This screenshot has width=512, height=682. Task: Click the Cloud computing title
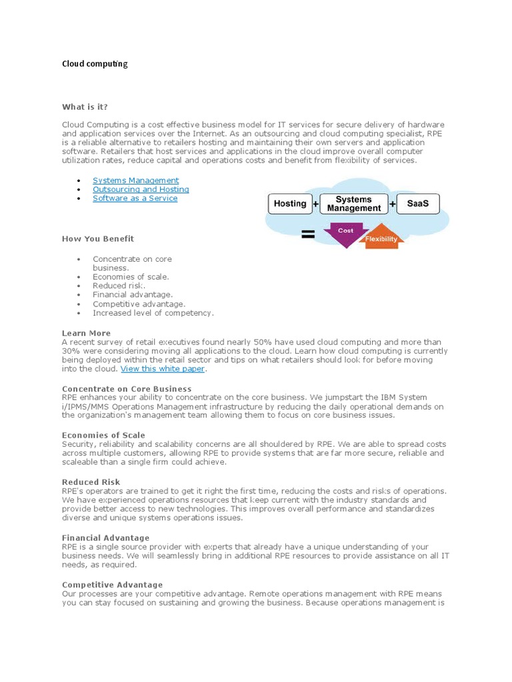tap(95, 64)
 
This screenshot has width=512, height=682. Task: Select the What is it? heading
tap(85, 107)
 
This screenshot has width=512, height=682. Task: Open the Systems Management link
tap(135, 180)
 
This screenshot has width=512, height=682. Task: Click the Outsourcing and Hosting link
tap(141, 189)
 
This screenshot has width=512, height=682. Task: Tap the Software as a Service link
tap(135, 198)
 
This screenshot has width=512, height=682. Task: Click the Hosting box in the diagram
tap(290, 204)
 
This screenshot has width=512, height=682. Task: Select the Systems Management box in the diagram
tap(354, 204)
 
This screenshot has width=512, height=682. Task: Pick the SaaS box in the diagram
tap(419, 204)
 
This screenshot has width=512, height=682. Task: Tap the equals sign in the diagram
tap(308, 234)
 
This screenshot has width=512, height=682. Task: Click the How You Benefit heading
tap(98, 238)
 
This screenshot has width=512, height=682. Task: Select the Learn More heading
tap(87, 333)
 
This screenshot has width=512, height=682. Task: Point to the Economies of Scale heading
tap(103, 436)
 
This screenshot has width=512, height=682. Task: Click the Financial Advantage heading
tap(105, 537)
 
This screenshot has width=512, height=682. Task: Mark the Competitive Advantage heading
tap(112, 585)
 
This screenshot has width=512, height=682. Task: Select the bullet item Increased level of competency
tap(153, 312)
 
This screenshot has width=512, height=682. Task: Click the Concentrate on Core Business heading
tap(127, 389)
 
